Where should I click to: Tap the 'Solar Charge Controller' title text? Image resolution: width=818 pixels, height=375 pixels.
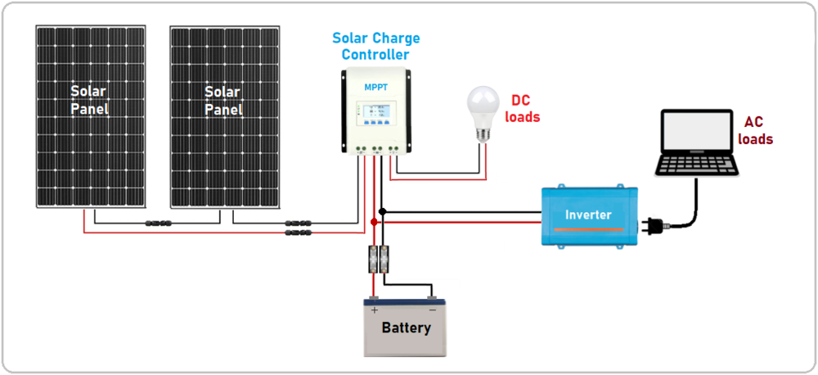tap(375, 47)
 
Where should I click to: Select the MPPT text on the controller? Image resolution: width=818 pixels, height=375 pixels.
tap(376, 86)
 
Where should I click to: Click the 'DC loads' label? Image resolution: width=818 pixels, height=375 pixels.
tap(522, 108)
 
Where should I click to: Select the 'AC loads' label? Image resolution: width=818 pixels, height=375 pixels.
tap(754, 131)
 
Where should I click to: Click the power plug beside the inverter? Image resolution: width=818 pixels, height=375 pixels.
tap(654, 224)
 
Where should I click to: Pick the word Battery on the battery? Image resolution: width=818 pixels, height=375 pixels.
tap(406, 328)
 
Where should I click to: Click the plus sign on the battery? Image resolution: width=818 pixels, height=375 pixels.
tap(375, 310)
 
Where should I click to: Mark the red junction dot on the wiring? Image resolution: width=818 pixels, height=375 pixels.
tap(374, 222)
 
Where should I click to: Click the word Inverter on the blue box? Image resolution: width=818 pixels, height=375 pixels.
tap(588, 215)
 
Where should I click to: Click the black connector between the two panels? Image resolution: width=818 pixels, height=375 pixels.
tap(158, 223)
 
